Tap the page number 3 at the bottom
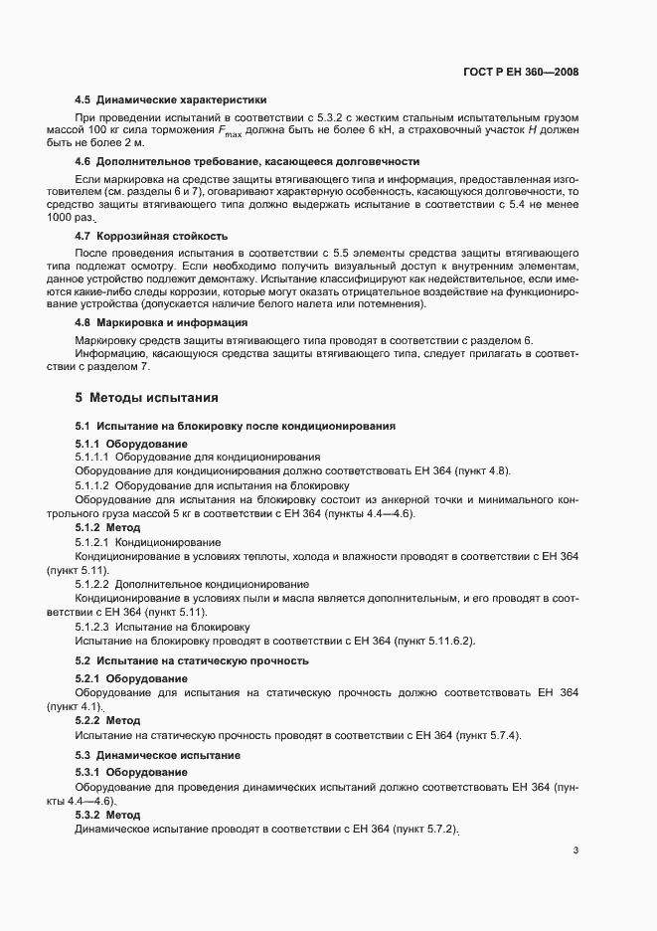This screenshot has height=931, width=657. (x=575, y=850)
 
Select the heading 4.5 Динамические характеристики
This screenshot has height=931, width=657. (x=170, y=100)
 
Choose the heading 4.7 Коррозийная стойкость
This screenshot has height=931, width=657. (x=152, y=236)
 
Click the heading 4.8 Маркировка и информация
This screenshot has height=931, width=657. (x=161, y=322)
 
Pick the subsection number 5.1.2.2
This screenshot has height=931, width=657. (x=92, y=584)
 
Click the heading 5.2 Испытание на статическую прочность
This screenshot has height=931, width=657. (x=191, y=660)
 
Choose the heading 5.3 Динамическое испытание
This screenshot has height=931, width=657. (x=157, y=755)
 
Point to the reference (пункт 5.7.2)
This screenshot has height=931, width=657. (x=428, y=830)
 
